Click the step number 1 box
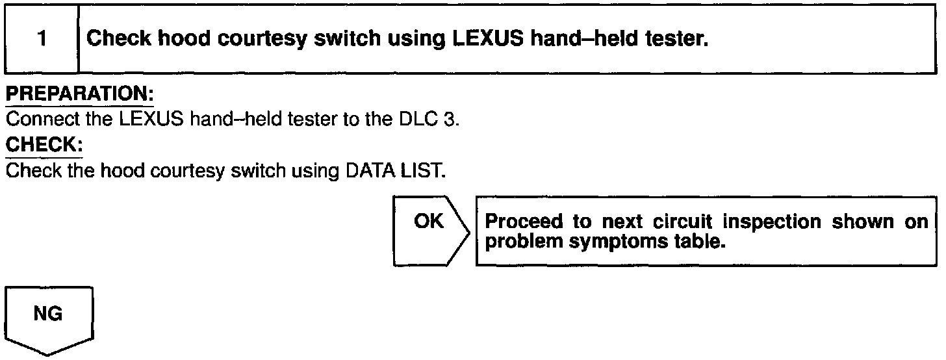(41, 39)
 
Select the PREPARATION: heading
(79, 94)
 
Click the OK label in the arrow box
(428, 222)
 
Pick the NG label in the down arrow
(49, 315)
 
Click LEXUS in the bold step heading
(487, 39)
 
